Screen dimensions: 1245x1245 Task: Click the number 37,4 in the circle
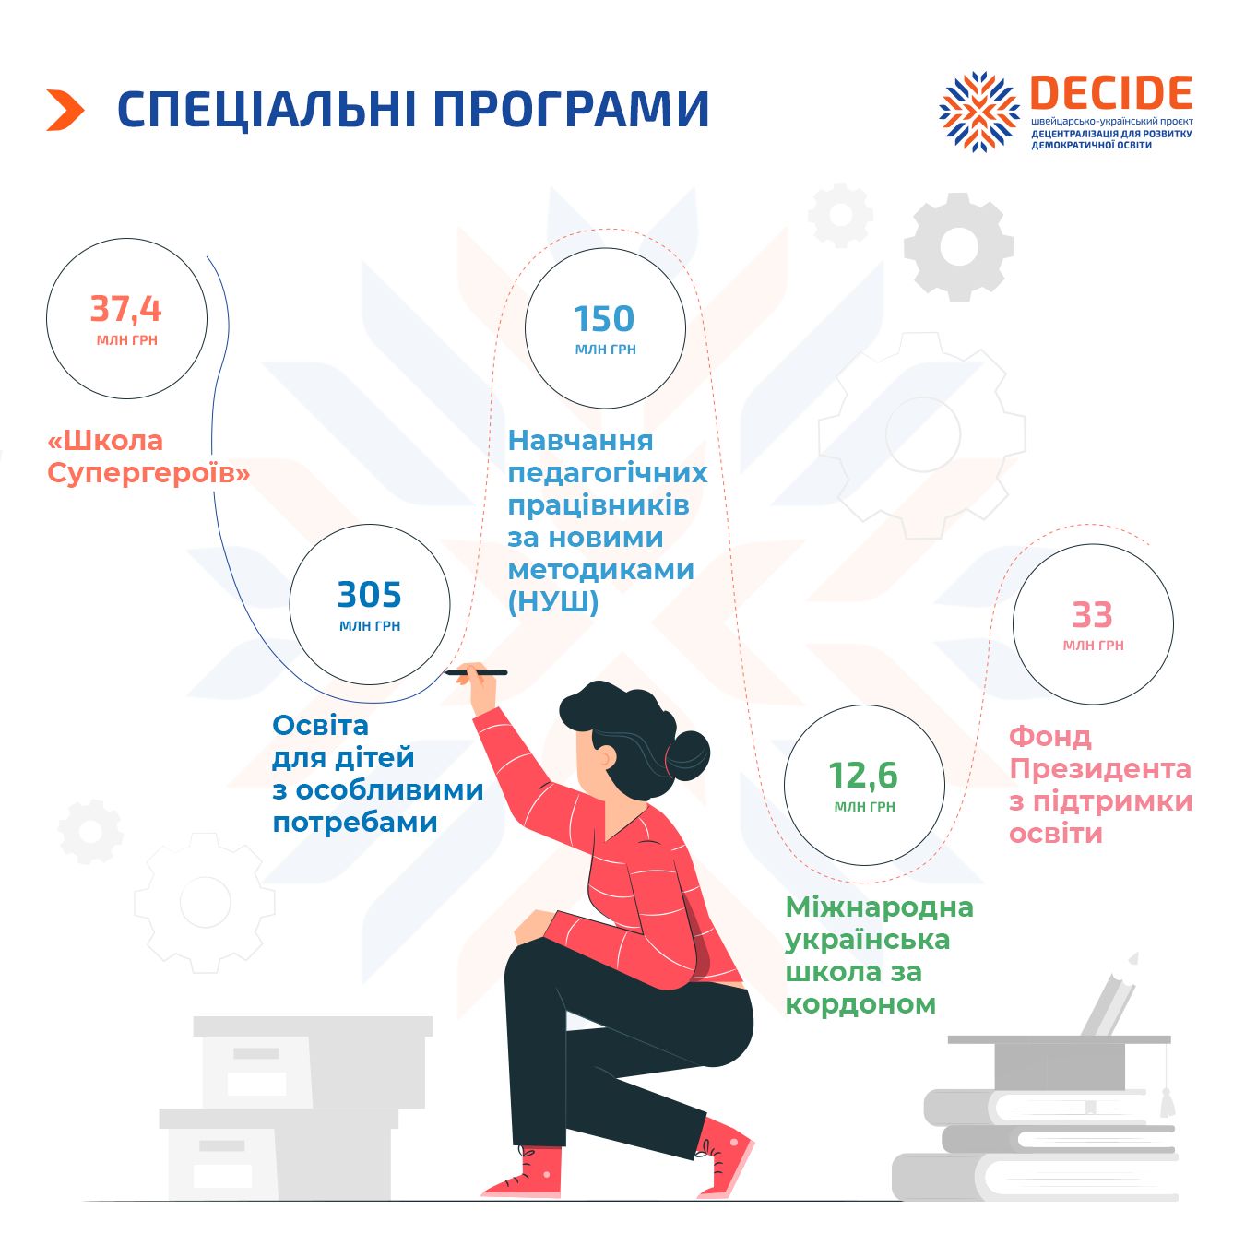pyautogui.click(x=126, y=309)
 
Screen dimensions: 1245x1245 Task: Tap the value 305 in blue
pyautogui.click(x=370, y=595)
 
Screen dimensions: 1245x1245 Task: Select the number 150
pyautogui.click(x=605, y=318)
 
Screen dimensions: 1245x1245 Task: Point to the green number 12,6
pyautogui.click(x=863, y=776)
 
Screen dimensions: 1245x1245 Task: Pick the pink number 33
pyautogui.click(x=1093, y=615)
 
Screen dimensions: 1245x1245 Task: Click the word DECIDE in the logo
pyautogui.click(x=1110, y=92)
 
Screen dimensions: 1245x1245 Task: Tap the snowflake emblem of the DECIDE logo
pyautogui.click(x=978, y=112)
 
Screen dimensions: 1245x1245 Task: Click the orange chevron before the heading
pyautogui.click(x=65, y=110)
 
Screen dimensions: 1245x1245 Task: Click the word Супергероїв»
pyautogui.click(x=148, y=475)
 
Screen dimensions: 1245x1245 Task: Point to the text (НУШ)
pyautogui.click(x=553, y=603)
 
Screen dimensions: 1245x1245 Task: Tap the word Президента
pyautogui.click(x=1099, y=769)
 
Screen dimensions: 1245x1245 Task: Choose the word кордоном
pyautogui.click(x=860, y=1004)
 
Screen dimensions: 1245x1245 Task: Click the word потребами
pyautogui.click(x=355, y=824)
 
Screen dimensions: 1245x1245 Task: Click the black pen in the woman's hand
pyautogui.click(x=477, y=672)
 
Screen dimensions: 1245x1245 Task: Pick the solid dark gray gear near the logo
pyautogui.click(x=959, y=247)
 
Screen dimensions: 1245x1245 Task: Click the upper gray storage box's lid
pyautogui.click(x=313, y=1027)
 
